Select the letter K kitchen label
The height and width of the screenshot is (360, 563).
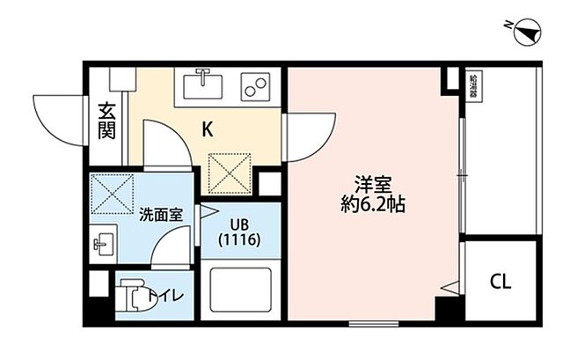pyautogui.click(x=208, y=129)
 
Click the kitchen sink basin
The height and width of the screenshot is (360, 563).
pyautogui.click(x=203, y=85)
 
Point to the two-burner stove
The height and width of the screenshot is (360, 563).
pyautogui.click(x=254, y=87)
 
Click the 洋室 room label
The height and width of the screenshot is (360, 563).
pyautogui.click(x=368, y=186)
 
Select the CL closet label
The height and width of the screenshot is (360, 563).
pyautogui.click(x=500, y=282)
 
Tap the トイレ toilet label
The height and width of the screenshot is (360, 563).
pyautogui.click(x=165, y=296)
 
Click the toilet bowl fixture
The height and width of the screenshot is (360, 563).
pyautogui.click(x=129, y=296)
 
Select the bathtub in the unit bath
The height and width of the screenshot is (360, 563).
pyautogui.click(x=239, y=290)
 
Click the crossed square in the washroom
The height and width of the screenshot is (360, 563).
pyautogui.click(x=111, y=194)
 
